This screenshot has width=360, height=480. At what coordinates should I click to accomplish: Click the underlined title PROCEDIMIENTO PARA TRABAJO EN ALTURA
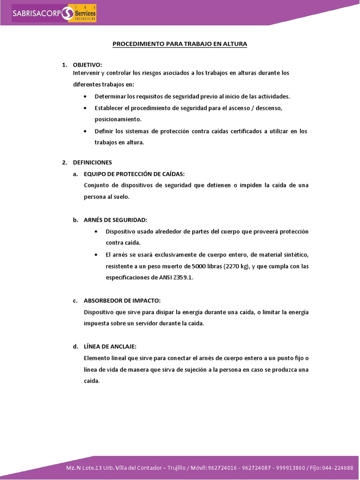click(180, 44)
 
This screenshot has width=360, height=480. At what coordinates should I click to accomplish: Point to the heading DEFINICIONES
click(92, 163)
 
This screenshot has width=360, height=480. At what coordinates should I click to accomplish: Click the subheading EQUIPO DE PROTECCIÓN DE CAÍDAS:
click(134, 174)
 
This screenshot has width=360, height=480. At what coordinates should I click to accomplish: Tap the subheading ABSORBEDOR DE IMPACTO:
click(122, 300)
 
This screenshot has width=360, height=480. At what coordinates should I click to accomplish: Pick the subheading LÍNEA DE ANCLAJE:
click(110, 346)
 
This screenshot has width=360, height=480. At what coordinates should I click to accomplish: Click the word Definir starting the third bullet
click(104, 131)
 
